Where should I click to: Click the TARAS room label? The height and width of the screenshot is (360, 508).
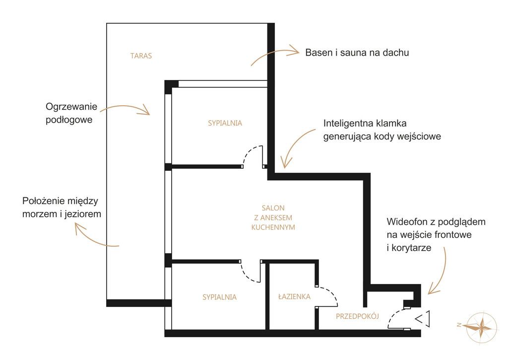click(x=141, y=56)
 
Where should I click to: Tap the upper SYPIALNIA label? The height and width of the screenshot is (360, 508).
click(x=225, y=123)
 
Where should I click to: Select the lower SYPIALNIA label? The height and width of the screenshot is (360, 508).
click(x=219, y=297)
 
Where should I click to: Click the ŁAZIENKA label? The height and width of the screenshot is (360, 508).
click(x=294, y=296)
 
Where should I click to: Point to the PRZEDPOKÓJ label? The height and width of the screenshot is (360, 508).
click(x=357, y=316)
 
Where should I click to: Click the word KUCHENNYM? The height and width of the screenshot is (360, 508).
click(x=273, y=227)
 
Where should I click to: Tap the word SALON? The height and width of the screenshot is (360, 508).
click(x=273, y=208)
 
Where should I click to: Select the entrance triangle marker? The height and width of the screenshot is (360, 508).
click(x=423, y=319)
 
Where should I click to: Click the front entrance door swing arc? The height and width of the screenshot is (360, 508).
click(x=395, y=317)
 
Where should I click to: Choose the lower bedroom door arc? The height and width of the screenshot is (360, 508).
click(x=251, y=272)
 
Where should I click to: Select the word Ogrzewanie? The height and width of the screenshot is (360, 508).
click(x=71, y=107)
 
